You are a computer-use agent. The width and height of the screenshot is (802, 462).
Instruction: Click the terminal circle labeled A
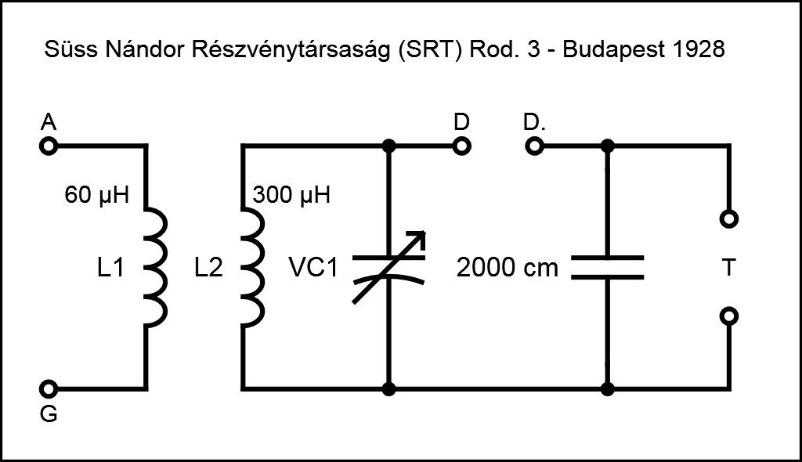(49, 146)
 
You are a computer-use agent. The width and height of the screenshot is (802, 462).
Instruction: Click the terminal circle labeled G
(49, 388)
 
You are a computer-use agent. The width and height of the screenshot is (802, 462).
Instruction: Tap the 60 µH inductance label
(96, 194)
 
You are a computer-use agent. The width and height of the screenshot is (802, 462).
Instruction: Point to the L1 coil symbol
(156, 267)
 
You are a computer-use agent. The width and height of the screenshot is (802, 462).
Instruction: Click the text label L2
(208, 269)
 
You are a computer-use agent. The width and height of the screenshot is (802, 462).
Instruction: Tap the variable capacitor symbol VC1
(388, 267)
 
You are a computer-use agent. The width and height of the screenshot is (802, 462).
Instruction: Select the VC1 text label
(313, 269)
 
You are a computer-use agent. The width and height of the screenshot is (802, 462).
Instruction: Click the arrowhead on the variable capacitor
(419, 237)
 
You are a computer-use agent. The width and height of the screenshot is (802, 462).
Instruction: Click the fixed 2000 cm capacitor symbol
(607, 267)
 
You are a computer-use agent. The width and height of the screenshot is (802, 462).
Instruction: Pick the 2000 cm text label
(508, 269)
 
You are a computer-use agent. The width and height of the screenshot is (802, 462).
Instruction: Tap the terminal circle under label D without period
(462, 146)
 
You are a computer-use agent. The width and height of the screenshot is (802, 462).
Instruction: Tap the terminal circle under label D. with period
(533, 146)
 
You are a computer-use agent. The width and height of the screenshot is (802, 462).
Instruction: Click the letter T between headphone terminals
(728, 268)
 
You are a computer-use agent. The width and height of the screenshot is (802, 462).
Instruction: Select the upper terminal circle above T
(728, 219)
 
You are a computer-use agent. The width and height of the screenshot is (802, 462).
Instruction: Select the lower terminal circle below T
(728, 316)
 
